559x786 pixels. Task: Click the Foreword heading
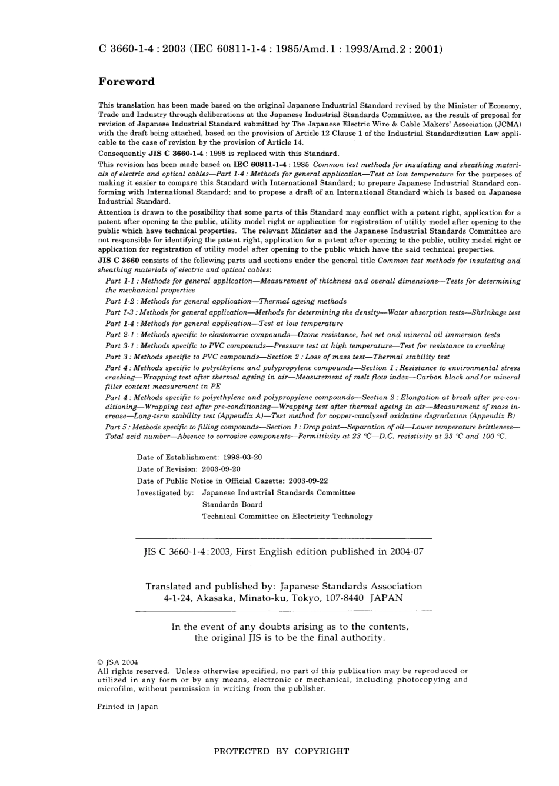click(126, 82)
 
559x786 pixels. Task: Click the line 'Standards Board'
click(232, 505)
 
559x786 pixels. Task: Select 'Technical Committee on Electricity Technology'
click(287, 517)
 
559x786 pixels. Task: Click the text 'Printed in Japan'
click(127, 707)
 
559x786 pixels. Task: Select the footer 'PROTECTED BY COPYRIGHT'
click(281, 751)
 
